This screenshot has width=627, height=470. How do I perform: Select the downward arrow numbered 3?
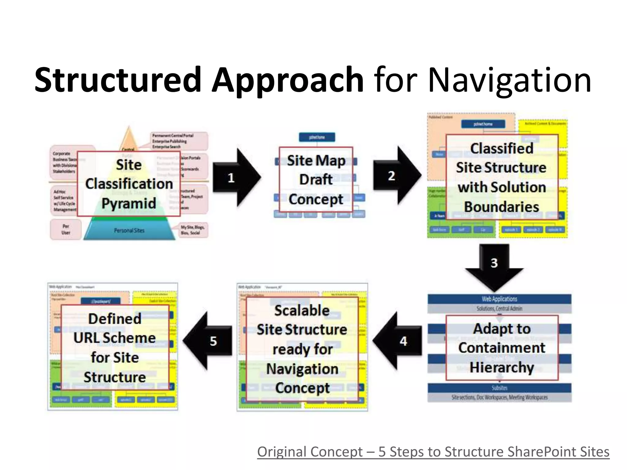pos(494,266)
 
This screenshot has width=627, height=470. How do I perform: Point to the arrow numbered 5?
pos(210,341)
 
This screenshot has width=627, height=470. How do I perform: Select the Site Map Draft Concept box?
pos(316,180)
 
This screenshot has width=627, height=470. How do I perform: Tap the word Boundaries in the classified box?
pos(501,207)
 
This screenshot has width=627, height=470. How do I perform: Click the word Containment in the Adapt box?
pos(501,348)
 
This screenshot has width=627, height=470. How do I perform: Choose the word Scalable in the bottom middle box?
pos(302,311)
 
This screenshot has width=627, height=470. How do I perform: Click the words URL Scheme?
pos(115,338)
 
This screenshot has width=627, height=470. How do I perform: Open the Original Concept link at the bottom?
pos(433,452)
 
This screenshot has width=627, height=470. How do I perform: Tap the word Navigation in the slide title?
pos(509,80)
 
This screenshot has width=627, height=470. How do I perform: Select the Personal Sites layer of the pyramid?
pos(129,230)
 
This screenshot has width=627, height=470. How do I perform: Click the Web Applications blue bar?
pos(499,299)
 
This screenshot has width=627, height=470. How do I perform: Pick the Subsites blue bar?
pos(499,388)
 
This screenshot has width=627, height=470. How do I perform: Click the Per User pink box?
pos(66,229)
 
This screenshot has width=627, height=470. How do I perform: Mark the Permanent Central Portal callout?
pos(179,141)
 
